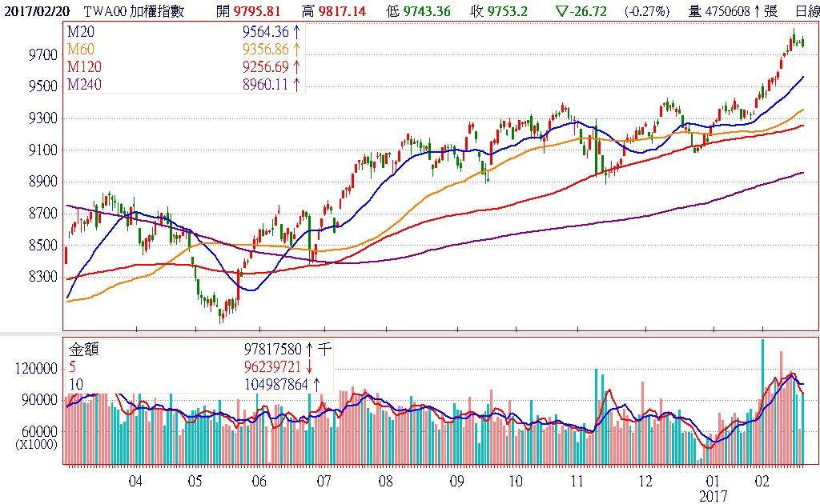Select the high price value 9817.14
point(339,10)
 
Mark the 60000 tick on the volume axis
point(41,432)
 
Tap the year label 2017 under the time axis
point(713,496)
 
